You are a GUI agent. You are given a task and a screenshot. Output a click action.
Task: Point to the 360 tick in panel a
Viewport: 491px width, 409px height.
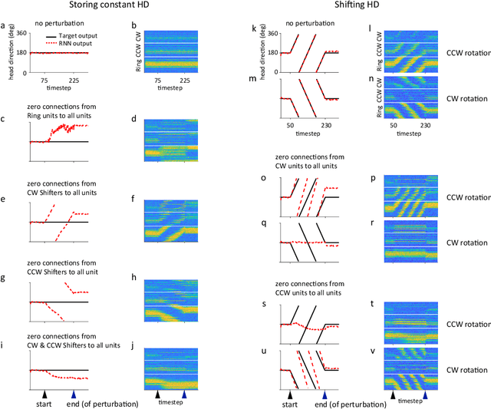(x=21, y=33)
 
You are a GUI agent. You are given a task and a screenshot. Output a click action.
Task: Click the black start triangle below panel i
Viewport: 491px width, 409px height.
(x=45, y=394)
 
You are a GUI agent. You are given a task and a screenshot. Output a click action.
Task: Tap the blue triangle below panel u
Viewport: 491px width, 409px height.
(x=325, y=394)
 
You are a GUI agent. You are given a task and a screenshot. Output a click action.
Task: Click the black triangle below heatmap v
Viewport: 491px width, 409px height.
(x=394, y=394)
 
